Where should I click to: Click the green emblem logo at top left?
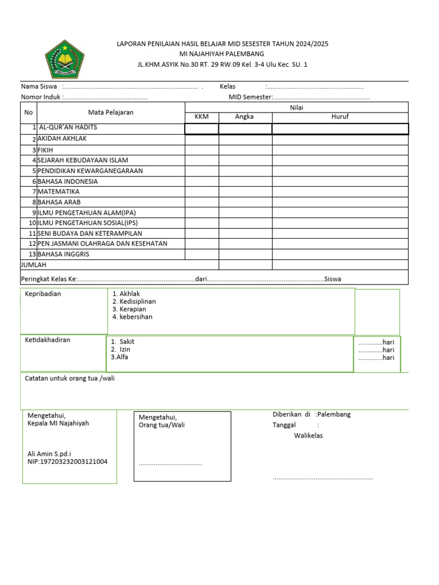point(65,58)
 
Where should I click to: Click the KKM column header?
point(202,117)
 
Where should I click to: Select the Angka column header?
point(245,117)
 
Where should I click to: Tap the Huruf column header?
point(340,117)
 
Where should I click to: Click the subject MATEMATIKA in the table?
point(58,192)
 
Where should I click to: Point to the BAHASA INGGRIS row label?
point(63,254)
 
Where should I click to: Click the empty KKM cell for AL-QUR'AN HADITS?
point(202,129)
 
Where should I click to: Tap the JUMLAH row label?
point(34,265)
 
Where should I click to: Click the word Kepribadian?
point(43,294)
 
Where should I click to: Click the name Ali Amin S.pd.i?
point(49,454)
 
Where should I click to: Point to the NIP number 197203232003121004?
point(67,462)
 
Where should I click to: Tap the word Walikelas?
point(309,436)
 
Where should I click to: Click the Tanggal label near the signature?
point(284,426)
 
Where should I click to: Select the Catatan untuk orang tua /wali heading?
point(73,378)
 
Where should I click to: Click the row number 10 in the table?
point(33,223)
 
